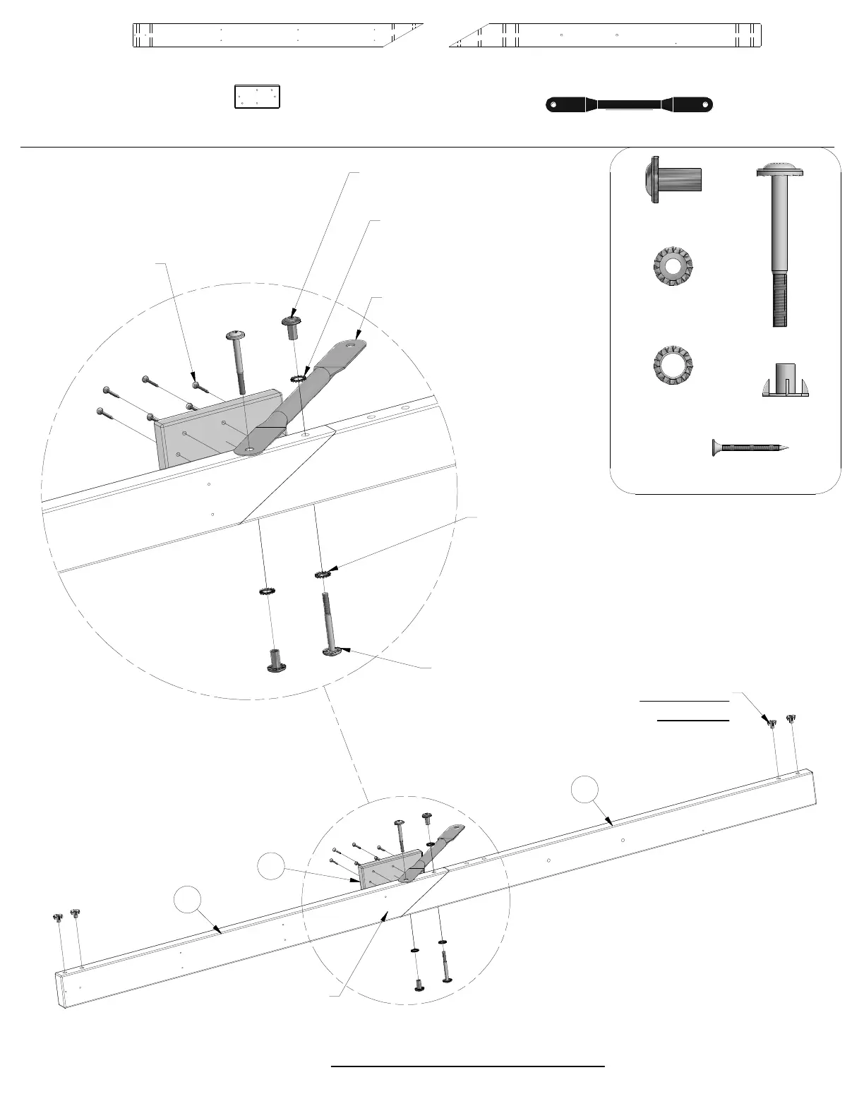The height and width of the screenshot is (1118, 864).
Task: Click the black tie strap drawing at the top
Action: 630,105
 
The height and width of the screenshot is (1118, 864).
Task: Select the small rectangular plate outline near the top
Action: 257,97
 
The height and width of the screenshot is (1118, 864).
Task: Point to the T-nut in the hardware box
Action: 785,380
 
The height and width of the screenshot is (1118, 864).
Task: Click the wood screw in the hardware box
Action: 750,447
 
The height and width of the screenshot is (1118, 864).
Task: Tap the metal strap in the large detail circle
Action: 304,399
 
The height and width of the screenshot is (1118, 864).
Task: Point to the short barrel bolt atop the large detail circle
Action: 292,327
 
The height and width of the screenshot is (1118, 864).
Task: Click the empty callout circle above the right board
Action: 584,790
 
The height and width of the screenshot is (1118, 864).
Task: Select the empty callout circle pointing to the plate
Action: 270,867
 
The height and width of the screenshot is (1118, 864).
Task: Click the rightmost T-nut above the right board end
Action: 791,719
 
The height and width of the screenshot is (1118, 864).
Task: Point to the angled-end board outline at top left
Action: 275,35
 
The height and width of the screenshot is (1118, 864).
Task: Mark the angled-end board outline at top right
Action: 607,35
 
